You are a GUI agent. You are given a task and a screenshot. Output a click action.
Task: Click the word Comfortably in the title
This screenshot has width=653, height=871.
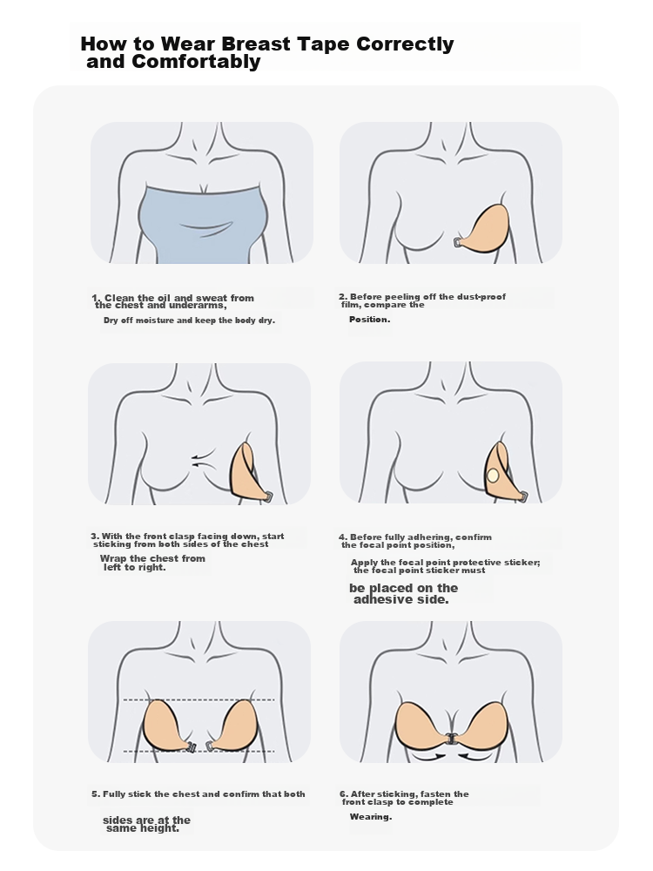tap(196, 61)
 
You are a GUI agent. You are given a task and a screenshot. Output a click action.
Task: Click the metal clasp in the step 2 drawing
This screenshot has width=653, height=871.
tap(459, 242)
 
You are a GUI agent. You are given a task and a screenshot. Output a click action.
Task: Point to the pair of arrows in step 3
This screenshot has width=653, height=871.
tap(202, 458)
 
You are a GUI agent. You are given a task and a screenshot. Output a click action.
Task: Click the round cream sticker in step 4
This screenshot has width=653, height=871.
tap(493, 475)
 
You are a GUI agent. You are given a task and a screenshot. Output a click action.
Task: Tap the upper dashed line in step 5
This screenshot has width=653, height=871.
tap(199, 699)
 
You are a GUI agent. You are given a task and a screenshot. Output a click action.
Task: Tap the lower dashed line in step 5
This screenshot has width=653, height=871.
tap(199, 751)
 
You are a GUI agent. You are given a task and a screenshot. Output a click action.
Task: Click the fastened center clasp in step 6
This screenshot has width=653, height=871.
tap(451, 739)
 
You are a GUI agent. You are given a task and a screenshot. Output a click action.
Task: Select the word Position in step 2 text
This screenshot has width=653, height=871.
tap(368, 319)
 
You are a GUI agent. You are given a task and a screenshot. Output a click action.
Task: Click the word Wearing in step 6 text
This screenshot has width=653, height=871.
tap(370, 817)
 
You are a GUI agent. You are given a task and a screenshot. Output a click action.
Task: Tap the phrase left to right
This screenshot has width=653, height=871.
tap(135, 567)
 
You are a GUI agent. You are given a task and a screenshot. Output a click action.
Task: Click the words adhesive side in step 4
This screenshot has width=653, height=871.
tap(401, 599)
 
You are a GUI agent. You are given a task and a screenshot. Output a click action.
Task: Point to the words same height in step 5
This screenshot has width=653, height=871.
tap(142, 828)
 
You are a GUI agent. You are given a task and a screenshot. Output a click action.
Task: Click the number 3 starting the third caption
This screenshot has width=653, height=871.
tap(94, 536)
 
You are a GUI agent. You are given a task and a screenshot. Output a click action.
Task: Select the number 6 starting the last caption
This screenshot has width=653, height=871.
tap(342, 793)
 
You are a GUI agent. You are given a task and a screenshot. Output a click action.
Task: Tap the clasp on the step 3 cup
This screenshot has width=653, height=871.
tap(269, 496)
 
